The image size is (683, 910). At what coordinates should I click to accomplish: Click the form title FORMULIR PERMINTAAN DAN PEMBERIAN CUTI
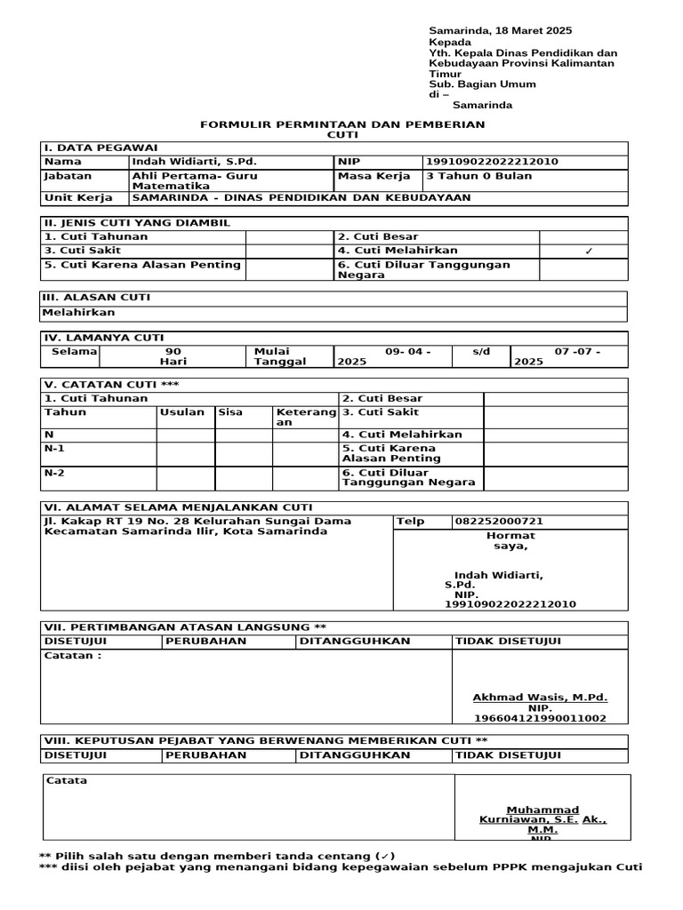coord(341,129)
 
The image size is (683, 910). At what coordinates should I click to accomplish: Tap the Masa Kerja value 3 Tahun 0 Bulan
coord(479,176)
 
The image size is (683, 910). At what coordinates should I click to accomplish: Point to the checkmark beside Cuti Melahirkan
coord(588,251)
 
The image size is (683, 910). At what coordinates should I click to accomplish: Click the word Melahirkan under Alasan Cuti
coord(79,312)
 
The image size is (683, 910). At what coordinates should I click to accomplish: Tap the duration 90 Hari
coord(173,356)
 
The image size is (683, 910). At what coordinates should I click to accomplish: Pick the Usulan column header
coord(182,412)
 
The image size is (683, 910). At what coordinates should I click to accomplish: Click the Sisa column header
coord(230,412)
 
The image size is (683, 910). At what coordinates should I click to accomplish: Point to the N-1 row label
coord(54,449)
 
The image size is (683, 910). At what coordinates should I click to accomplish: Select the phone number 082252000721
coord(500,522)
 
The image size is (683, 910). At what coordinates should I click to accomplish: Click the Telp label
coord(410,522)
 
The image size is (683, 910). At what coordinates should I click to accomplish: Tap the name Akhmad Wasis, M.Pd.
coord(540,698)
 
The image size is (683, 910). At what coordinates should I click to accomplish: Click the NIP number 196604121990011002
coord(540,718)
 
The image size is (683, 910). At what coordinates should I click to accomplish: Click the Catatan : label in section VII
coord(72,656)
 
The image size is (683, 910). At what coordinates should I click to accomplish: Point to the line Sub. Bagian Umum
coord(482,84)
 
